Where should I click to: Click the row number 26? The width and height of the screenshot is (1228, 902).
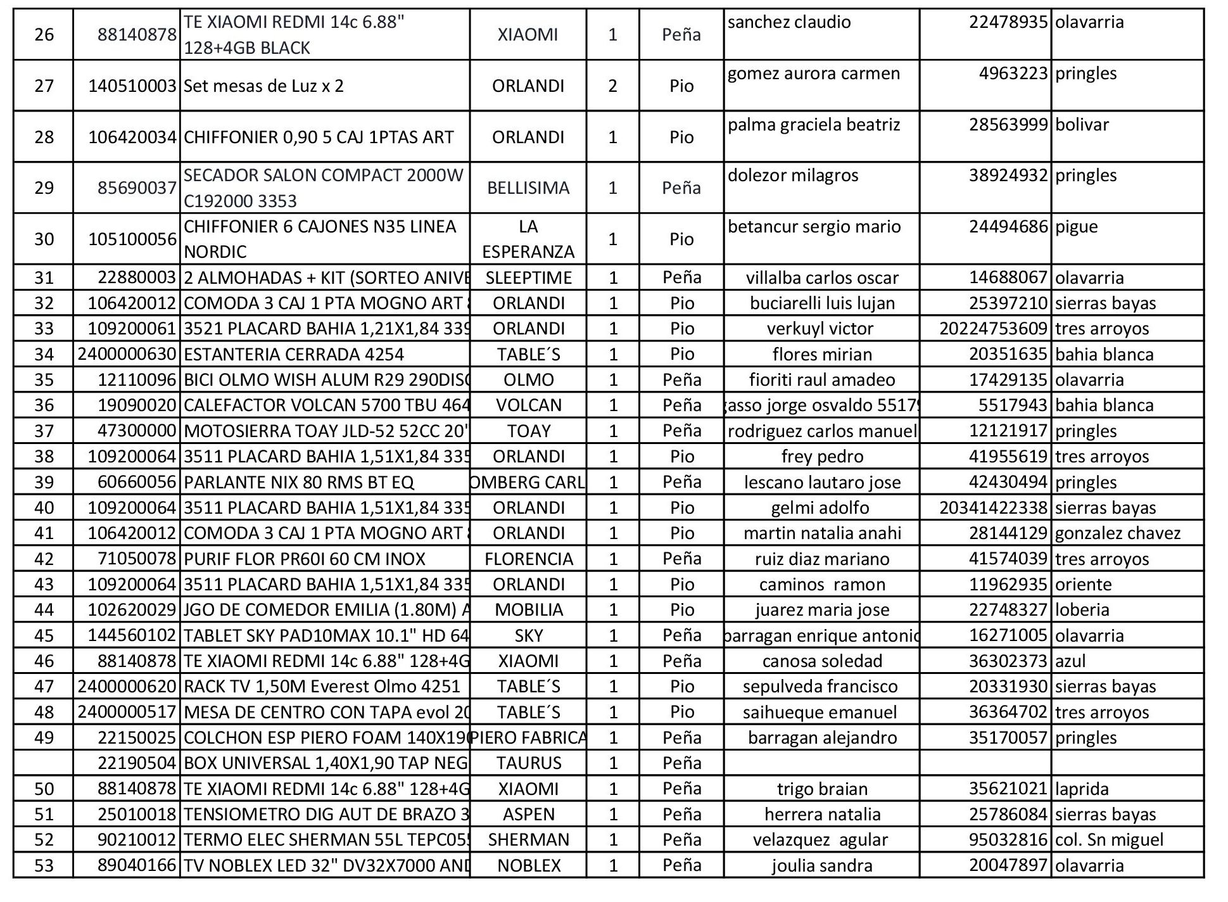(44, 35)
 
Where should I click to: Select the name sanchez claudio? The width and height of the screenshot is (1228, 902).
(788, 23)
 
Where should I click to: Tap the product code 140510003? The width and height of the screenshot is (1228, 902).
(132, 86)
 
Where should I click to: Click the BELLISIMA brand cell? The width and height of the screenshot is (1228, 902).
(528, 188)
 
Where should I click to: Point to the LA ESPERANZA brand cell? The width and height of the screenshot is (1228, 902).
(528, 239)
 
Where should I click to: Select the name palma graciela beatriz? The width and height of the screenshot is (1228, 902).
(814, 125)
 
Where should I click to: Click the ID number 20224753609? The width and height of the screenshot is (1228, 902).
(993, 329)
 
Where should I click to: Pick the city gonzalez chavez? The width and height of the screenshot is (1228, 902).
(1118, 533)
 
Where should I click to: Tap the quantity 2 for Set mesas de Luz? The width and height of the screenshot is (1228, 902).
(612, 86)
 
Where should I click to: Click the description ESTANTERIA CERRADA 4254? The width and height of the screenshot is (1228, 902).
(294, 355)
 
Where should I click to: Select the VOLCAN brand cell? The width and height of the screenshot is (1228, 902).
(528, 405)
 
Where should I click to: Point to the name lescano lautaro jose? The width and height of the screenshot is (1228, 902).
(822, 483)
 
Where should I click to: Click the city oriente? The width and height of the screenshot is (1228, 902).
(1083, 585)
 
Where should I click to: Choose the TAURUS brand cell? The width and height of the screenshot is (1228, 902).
(528, 763)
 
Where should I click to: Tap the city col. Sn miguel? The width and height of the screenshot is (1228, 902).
(1109, 840)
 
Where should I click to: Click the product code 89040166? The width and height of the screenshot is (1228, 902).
(136, 866)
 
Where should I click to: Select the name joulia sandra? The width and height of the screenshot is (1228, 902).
(822, 866)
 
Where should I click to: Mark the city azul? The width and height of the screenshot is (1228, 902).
(1070, 661)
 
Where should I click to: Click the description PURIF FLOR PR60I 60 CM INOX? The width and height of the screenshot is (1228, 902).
(305, 559)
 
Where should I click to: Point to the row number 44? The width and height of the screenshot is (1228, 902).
(44, 610)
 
